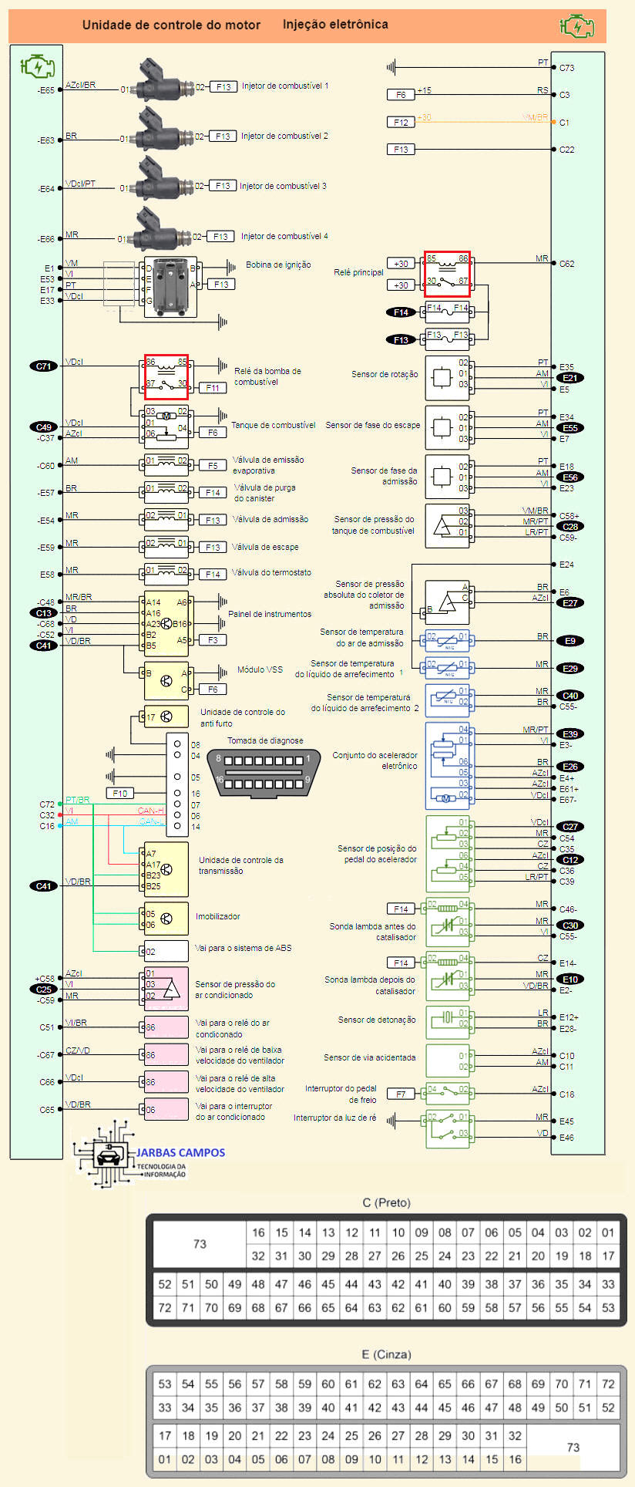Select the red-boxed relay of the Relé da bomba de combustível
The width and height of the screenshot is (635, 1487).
pyautogui.click(x=166, y=376)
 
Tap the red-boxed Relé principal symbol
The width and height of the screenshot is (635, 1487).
pyautogui.click(x=447, y=274)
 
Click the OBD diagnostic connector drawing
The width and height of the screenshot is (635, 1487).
pyautogui.click(x=264, y=772)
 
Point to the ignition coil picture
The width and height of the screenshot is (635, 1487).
pyautogui.click(x=170, y=287)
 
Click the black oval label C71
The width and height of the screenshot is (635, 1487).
pyautogui.click(x=44, y=366)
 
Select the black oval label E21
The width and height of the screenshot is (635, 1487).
pyautogui.click(x=570, y=378)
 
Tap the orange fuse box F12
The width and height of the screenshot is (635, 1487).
pyautogui.click(x=401, y=123)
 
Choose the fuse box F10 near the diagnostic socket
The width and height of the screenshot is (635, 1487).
pyautogui.click(x=120, y=793)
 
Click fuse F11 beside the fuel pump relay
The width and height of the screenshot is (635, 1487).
pyautogui.click(x=213, y=388)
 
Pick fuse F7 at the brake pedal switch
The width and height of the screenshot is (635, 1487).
pyautogui.click(x=401, y=1094)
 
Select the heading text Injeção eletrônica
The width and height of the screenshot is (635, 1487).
pyautogui.click(x=335, y=25)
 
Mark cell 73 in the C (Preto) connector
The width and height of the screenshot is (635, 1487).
pyautogui.click(x=200, y=1243)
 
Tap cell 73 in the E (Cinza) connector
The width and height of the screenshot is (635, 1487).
pyautogui.click(x=573, y=1447)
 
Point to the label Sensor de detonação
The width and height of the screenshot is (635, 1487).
pyautogui.click(x=376, y=1020)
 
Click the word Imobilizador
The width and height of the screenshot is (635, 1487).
pyautogui.click(x=218, y=916)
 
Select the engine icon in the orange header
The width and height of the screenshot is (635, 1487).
pyautogui.click(x=576, y=26)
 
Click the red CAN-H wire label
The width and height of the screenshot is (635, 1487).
pyautogui.click(x=150, y=811)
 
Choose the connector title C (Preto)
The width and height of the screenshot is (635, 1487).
pyautogui.click(x=386, y=1202)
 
